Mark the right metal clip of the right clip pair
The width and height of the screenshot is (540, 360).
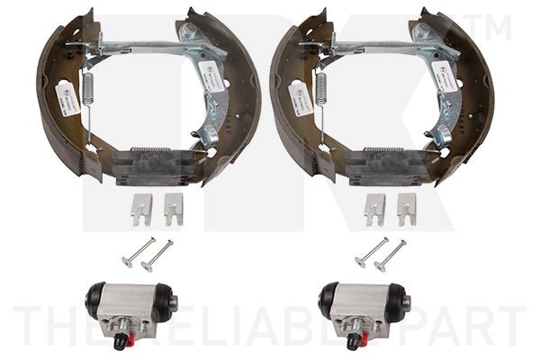click(407, 209)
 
